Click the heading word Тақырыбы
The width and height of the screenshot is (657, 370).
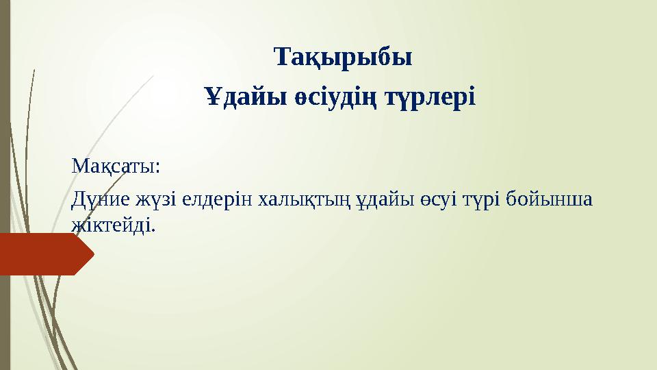[343, 58]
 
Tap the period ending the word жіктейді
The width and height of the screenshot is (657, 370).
[154, 228]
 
